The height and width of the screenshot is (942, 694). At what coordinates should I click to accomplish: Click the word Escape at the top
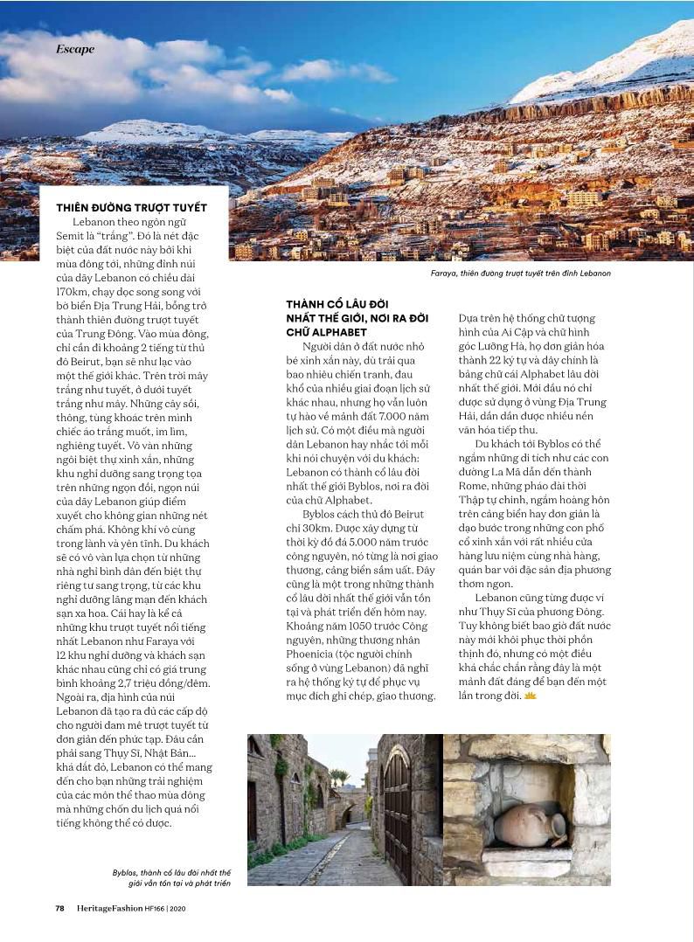pos(75,50)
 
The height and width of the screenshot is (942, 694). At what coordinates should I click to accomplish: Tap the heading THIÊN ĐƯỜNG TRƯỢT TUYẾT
pos(131,208)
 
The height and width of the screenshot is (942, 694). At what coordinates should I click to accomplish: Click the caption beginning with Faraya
pos(520,274)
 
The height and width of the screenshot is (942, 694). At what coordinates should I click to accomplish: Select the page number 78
pos(59,908)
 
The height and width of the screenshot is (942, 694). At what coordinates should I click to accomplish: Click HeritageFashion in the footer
pos(109,908)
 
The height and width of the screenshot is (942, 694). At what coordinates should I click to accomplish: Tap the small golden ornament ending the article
pos(530,695)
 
